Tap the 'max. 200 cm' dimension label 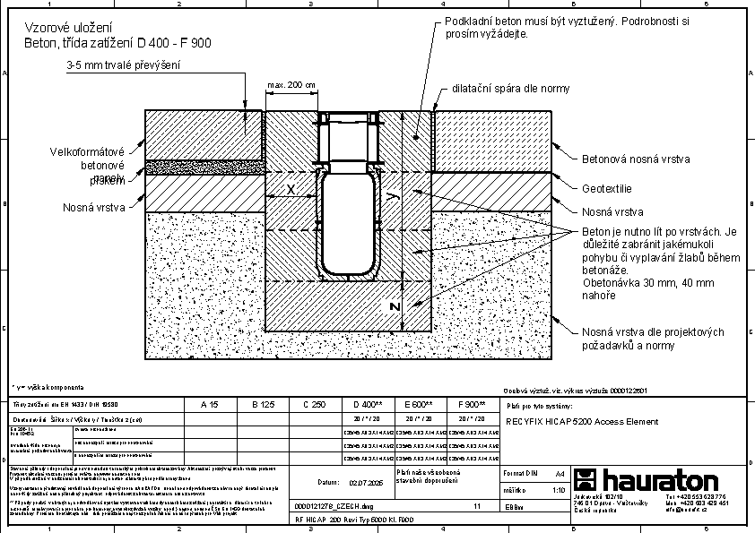pyautogui.click(x=291, y=85)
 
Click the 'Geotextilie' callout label pyautogui.click(x=607, y=189)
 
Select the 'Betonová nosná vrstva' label pyautogui.click(x=636, y=159)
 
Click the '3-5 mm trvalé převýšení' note pyautogui.click(x=124, y=64)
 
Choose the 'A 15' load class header pyautogui.click(x=209, y=405)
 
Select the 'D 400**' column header pyautogui.click(x=368, y=405)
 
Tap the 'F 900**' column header pyautogui.click(x=472, y=405)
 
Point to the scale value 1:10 pyautogui.click(x=558, y=490)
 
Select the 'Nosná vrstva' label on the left pyautogui.click(x=93, y=207)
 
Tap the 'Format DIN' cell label pyautogui.click(x=520, y=472)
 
